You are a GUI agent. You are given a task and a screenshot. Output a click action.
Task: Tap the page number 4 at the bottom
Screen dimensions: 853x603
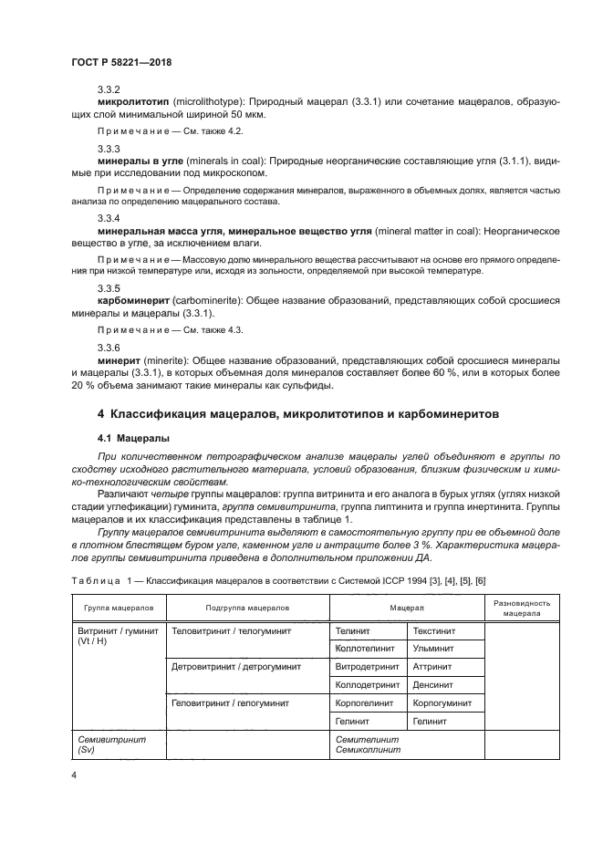pyautogui.click(x=74, y=775)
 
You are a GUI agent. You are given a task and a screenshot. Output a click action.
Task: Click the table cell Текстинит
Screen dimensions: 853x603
pyautogui.click(x=433, y=630)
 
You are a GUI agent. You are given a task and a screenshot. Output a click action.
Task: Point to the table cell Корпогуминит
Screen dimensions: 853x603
pyautogui.click(x=442, y=703)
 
